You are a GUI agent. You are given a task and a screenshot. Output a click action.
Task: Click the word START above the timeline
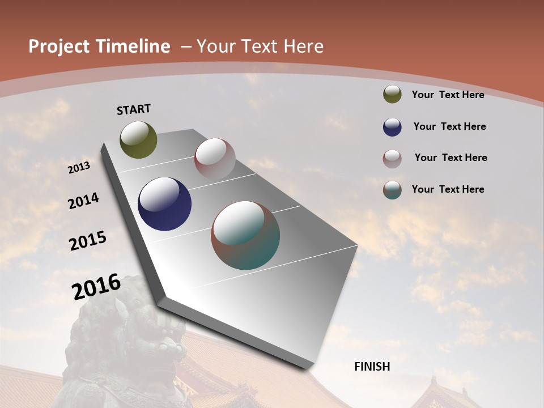[x=134, y=109]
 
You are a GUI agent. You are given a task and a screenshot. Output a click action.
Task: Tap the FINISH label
[x=372, y=367]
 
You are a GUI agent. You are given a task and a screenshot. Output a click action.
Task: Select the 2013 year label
[x=79, y=167]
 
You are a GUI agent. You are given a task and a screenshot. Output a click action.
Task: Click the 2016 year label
[x=96, y=287]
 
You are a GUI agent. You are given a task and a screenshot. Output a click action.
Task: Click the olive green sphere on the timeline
[x=138, y=140]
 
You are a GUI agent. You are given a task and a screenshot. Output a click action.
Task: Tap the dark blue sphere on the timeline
[x=164, y=204]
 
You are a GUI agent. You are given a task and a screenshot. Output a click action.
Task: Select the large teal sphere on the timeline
[x=245, y=235]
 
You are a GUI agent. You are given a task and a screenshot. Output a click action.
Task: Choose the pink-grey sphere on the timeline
[x=215, y=158]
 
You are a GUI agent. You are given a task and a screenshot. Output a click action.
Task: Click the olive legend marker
[x=392, y=94]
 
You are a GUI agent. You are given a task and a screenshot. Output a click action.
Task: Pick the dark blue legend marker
[x=392, y=127]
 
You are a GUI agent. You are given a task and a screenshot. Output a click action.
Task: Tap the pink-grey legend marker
[x=392, y=159]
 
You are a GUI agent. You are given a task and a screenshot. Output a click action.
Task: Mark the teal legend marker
[x=392, y=190]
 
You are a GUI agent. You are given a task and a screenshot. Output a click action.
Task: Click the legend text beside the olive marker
[x=448, y=95]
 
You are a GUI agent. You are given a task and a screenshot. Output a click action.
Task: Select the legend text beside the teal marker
[x=448, y=189]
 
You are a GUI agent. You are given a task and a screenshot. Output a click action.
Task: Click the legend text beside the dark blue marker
[x=449, y=126]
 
